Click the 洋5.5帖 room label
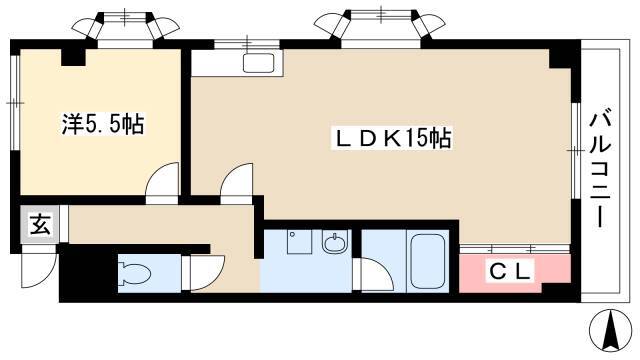(103, 124)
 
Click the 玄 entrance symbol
(41, 225)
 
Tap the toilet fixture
(134, 272)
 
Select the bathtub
(427, 262)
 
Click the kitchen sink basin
(258, 63)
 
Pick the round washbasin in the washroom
(336, 244)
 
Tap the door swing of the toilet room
(207, 273)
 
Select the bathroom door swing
(377, 275)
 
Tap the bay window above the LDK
(382, 24)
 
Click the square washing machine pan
(300, 242)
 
